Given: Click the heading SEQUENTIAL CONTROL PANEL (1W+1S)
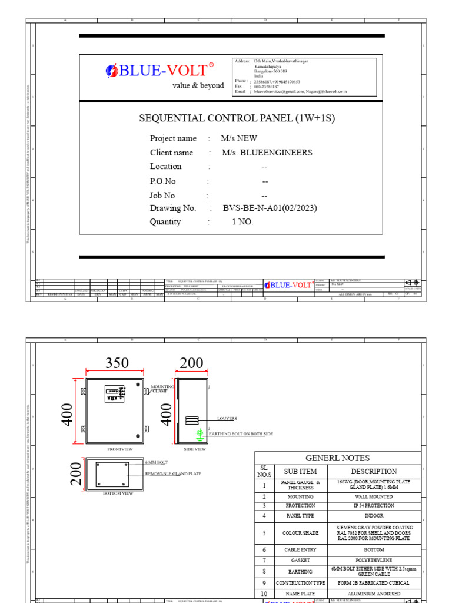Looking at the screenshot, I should [x=237, y=118].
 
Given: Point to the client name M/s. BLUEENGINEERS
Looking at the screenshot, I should [x=267, y=153].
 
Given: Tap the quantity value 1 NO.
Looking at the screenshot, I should [x=242, y=222].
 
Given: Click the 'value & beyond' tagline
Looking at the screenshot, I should [x=198, y=85].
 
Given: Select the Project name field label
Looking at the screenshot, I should [x=173, y=138].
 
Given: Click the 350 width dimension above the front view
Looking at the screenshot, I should [x=117, y=363].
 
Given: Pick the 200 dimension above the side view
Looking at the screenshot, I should [x=191, y=363].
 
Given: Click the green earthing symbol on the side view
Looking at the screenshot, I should [x=200, y=434].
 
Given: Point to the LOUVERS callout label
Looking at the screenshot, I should [x=227, y=418].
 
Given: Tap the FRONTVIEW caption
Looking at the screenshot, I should [x=119, y=449].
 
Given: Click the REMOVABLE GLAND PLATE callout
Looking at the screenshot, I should [x=173, y=473].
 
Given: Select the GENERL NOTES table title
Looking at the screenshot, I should [x=338, y=458].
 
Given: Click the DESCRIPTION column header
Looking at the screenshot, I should [x=374, y=471].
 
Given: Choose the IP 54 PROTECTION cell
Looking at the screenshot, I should [x=374, y=506].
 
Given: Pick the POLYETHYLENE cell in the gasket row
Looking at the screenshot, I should [x=374, y=560].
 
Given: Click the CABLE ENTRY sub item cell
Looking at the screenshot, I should [x=300, y=549].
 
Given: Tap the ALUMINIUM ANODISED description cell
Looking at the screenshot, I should [x=374, y=594].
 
